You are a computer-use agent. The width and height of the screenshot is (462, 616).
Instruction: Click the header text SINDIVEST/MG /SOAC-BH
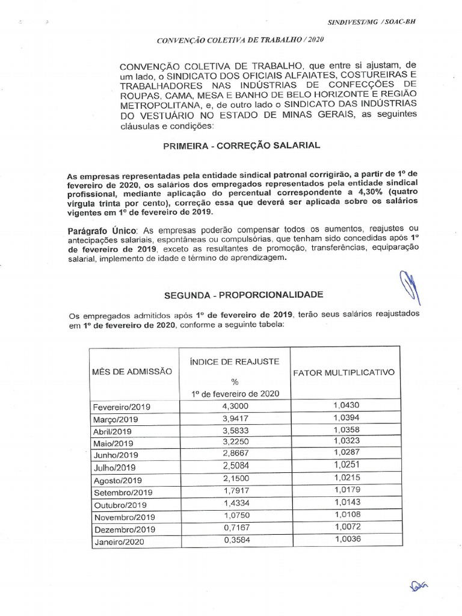[371, 21]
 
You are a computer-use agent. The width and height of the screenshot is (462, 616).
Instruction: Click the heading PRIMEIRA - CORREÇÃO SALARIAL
[242, 146]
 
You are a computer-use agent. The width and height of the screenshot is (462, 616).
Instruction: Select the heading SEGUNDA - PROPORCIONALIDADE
[244, 294]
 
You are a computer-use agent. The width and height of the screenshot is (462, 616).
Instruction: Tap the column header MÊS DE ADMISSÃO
[132, 372]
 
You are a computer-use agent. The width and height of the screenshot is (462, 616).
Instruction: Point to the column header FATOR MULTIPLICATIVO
[343, 372]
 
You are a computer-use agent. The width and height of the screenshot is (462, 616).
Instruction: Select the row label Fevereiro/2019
[122, 407]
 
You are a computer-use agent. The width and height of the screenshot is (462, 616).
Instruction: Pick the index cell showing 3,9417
[234, 419]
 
